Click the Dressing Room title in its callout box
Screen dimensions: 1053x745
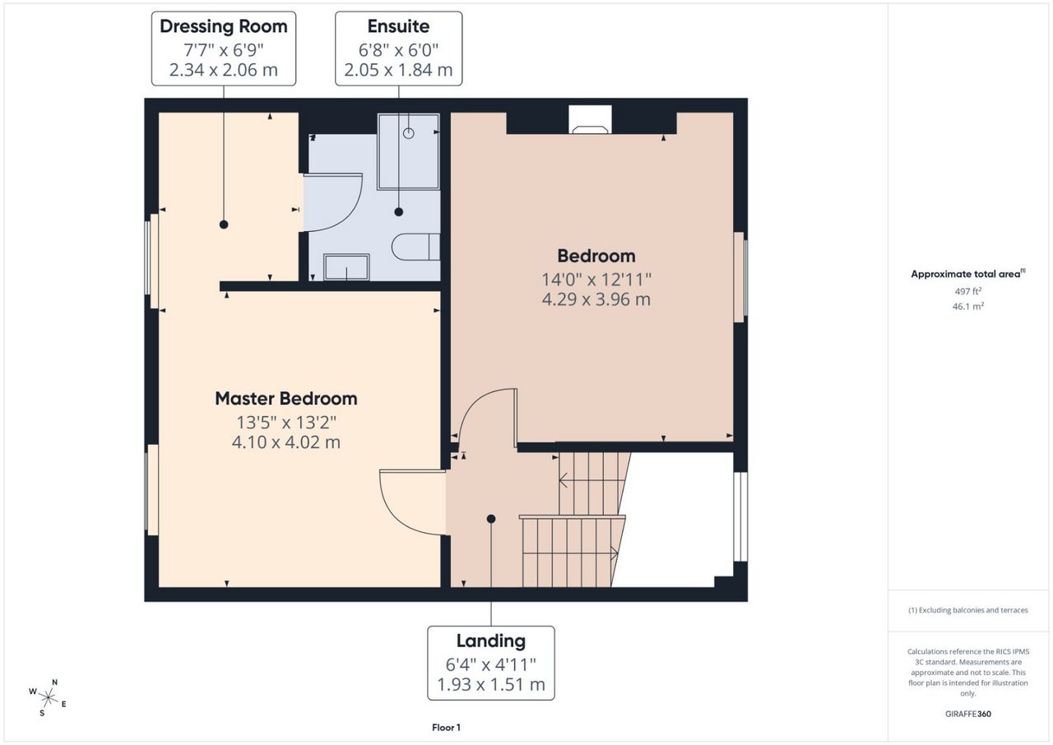click(x=223, y=27)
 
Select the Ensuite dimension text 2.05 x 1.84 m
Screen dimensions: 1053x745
click(x=398, y=70)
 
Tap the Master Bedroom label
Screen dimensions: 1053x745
click(x=285, y=399)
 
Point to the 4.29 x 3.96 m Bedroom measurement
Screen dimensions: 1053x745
click(x=596, y=299)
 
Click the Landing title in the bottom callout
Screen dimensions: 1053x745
click(x=491, y=641)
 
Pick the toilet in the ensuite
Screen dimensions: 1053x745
click(x=416, y=247)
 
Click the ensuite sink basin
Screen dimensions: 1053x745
click(x=346, y=267)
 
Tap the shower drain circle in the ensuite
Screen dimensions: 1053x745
click(x=409, y=133)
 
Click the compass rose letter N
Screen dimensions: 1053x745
click(x=54, y=683)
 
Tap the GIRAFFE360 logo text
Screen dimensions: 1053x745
click(x=968, y=714)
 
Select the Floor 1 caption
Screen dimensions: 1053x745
click(x=446, y=728)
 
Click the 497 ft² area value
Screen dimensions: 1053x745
click(x=968, y=291)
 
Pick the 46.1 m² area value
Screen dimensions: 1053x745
click(x=968, y=306)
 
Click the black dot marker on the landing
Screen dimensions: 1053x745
click(x=491, y=519)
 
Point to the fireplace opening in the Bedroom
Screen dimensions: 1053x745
click(x=590, y=120)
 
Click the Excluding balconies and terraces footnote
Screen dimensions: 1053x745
click(x=968, y=610)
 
